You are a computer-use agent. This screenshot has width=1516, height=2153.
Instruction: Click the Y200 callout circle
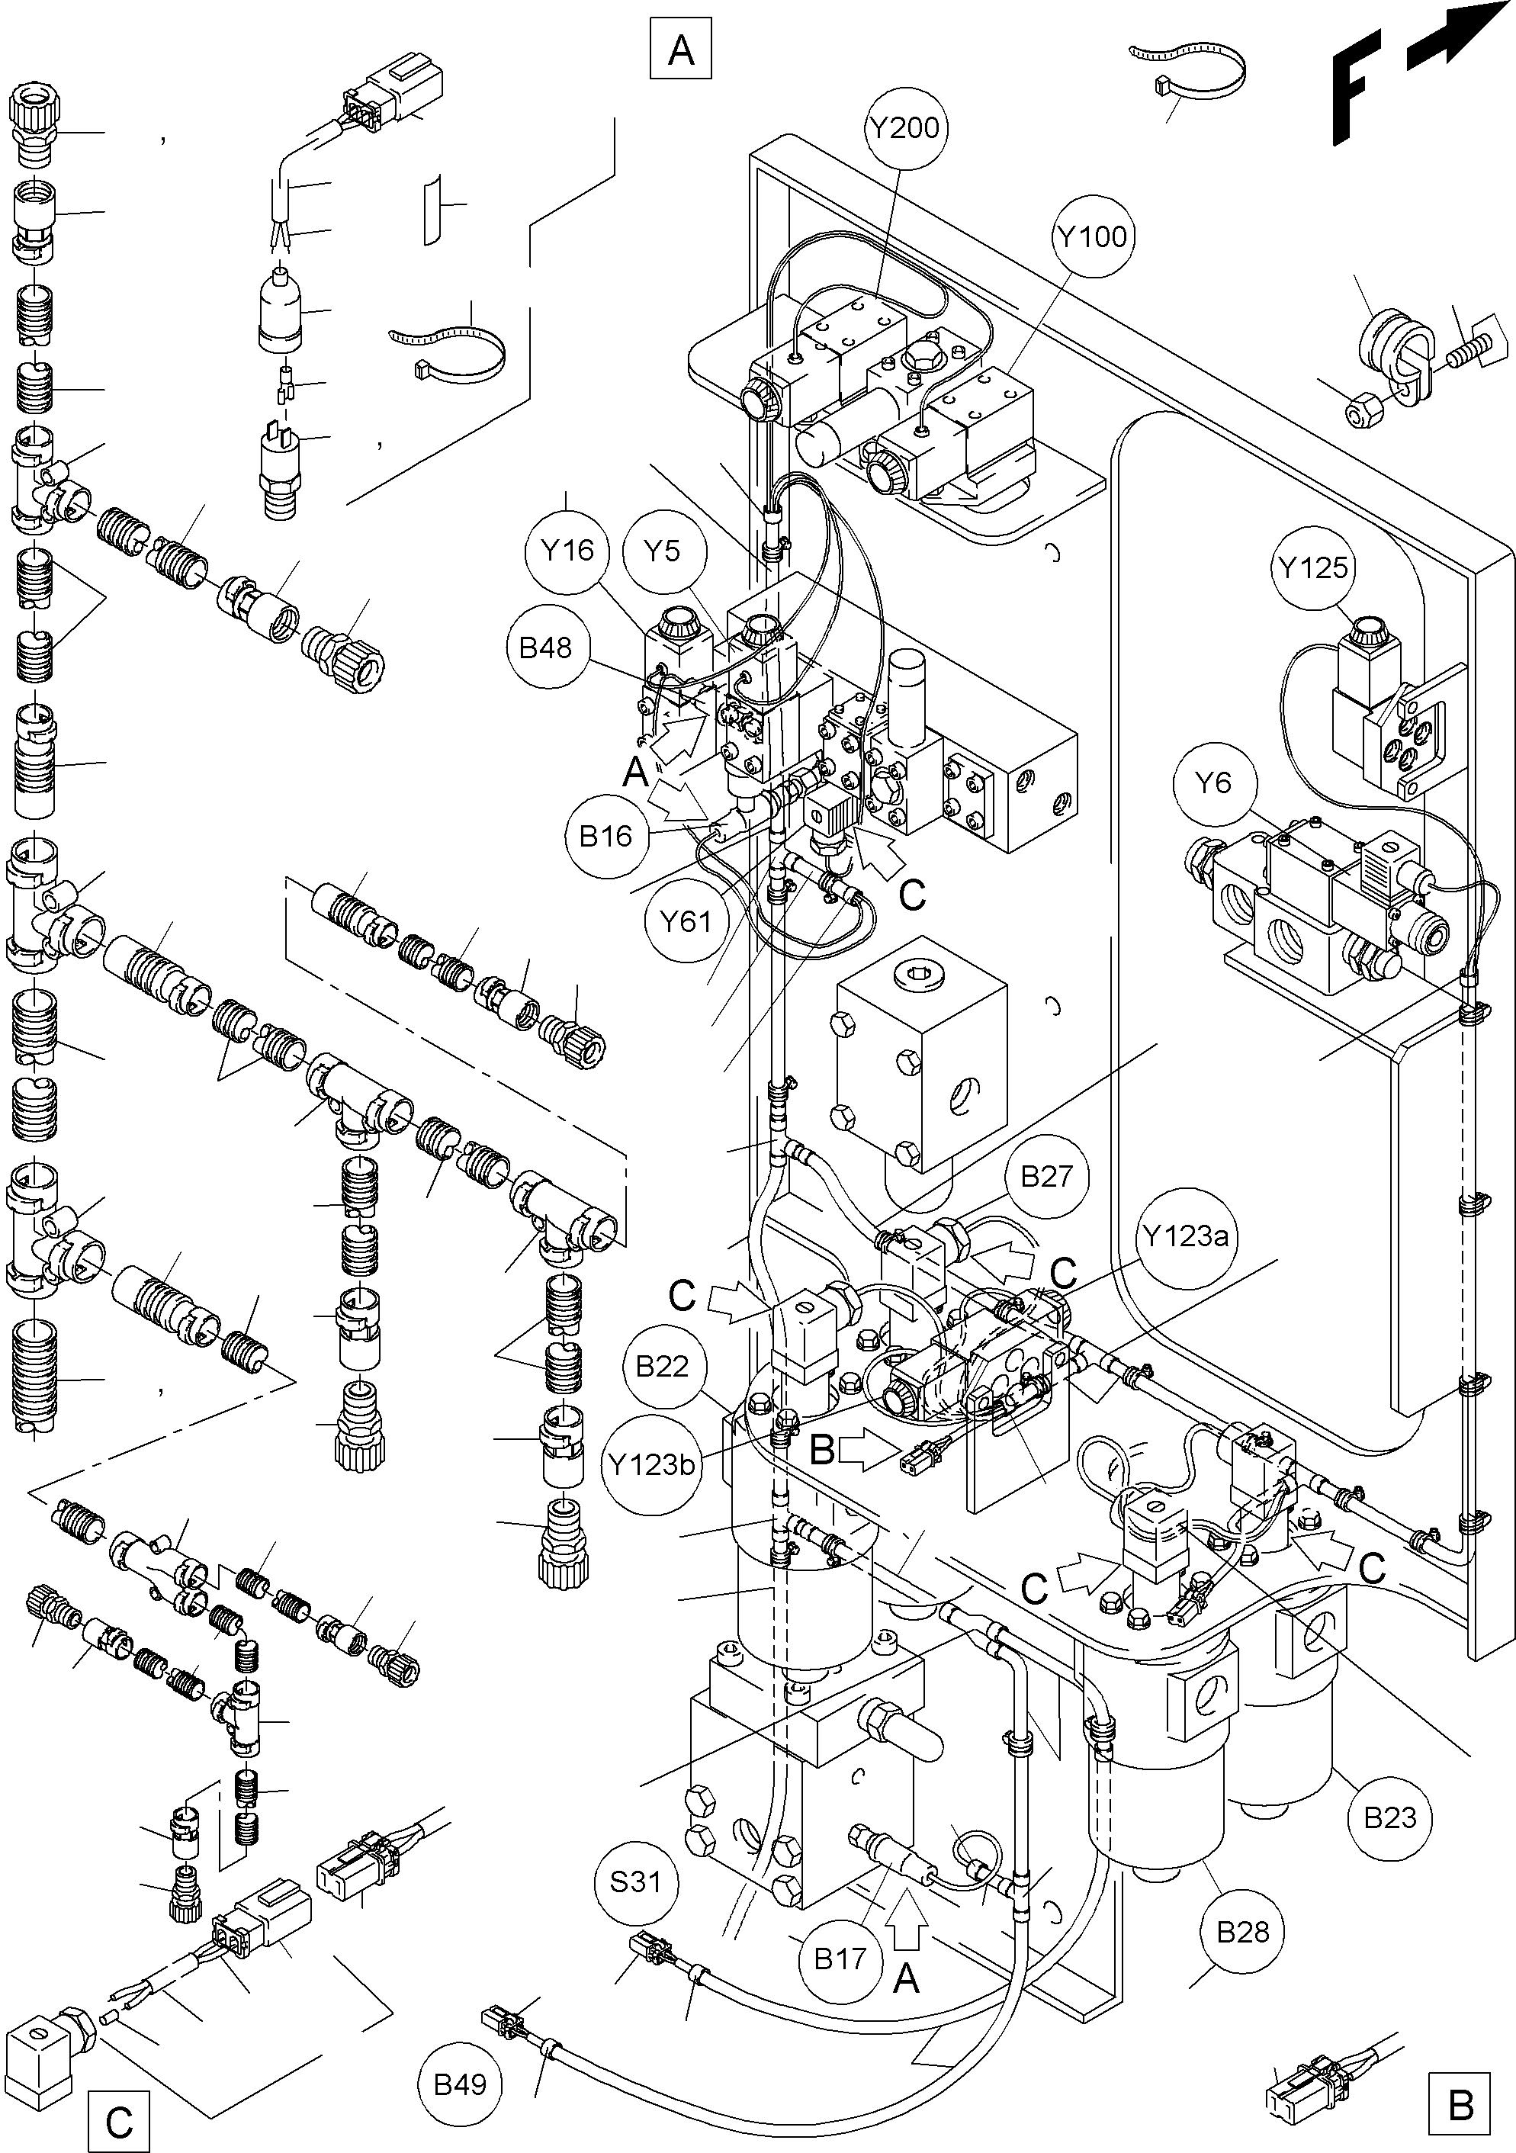(904, 127)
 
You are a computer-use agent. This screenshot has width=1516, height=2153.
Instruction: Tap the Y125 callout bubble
(1312, 567)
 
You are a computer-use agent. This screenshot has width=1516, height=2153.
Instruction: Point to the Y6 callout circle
(1214, 782)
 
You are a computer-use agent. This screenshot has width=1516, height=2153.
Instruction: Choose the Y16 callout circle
(568, 551)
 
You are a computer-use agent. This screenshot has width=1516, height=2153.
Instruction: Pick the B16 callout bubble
(605, 837)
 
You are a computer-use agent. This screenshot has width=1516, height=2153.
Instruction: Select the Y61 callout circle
(686, 922)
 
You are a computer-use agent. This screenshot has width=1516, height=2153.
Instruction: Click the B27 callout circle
(1045, 1177)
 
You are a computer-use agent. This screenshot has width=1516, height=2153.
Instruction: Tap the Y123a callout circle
(1185, 1237)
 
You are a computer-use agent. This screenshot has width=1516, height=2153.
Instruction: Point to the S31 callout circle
(636, 1882)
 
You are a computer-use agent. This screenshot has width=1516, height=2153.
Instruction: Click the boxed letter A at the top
(682, 49)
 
